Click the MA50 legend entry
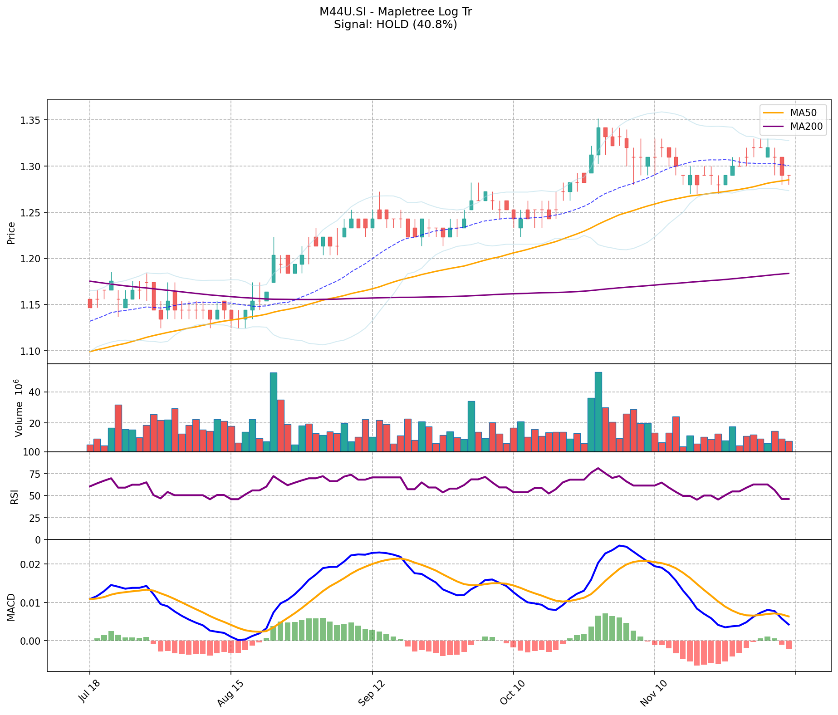(x=804, y=113)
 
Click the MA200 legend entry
(x=806, y=127)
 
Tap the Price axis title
(x=11, y=233)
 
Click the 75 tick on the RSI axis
(x=35, y=474)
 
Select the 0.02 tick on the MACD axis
(x=33, y=564)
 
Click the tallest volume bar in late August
(x=274, y=412)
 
